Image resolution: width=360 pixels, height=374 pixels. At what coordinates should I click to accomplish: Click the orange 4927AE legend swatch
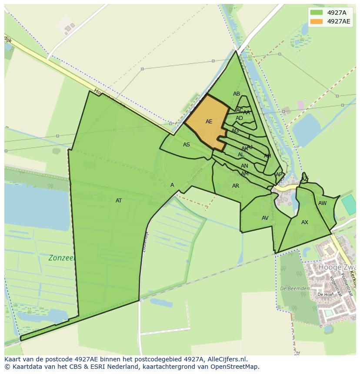pos(317,21)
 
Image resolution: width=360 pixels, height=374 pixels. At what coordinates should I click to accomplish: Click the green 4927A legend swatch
pos(317,13)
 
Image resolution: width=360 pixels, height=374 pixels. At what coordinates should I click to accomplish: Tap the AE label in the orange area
pos(209,122)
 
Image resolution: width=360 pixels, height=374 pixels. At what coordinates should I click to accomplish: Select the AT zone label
pos(119,201)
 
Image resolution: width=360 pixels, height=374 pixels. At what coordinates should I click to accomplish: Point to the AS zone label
pos(187,145)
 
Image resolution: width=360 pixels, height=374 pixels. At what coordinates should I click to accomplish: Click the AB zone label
pos(237,94)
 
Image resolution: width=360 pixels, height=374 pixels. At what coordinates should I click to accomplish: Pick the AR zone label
pos(236,186)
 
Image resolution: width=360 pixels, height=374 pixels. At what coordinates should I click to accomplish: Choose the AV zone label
pos(265,218)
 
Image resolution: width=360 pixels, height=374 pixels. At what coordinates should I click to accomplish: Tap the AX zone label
pos(305,222)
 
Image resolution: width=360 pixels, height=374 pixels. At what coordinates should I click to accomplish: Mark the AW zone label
pos(322,203)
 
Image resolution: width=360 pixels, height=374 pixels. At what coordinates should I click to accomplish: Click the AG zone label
pos(235,131)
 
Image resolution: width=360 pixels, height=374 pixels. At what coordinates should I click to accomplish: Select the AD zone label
pos(240,118)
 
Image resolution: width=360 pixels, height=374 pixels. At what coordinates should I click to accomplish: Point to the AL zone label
pos(241,155)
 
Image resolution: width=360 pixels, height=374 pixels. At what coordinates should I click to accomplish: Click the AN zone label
pos(244,166)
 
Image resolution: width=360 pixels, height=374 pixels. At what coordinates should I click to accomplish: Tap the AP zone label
pos(279,175)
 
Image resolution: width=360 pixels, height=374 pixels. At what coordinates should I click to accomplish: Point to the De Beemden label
pos(294,288)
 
